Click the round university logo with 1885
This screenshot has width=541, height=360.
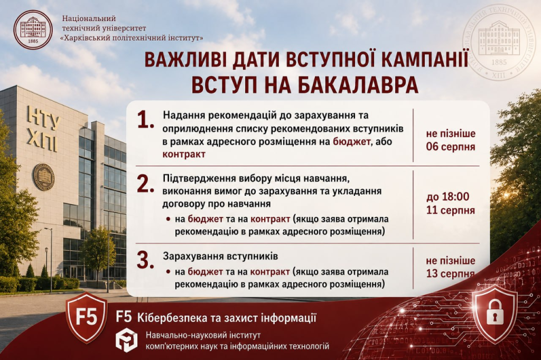click(x=33, y=30)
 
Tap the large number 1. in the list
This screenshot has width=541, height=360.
click(x=145, y=120)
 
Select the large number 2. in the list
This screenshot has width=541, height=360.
click(x=145, y=184)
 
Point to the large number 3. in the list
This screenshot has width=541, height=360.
click(x=145, y=260)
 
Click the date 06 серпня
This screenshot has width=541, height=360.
click(x=450, y=147)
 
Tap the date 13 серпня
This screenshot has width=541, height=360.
click(x=450, y=274)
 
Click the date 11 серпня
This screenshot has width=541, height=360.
click(x=450, y=210)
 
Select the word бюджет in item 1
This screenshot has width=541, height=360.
click(x=351, y=141)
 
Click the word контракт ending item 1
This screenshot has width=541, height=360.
click(x=184, y=154)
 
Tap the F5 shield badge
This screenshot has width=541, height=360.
click(x=87, y=317)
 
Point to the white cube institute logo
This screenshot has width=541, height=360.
click(x=126, y=340)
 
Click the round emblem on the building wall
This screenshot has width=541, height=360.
click(x=43, y=177)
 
